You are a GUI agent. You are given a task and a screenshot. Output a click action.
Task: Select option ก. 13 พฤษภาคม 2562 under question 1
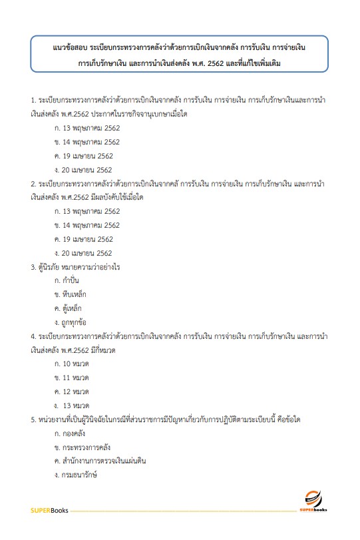click(x=87, y=128)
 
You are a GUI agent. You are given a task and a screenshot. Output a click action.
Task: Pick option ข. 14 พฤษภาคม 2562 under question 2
click(x=87, y=225)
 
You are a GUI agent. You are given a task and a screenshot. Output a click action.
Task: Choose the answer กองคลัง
click(x=75, y=433)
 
